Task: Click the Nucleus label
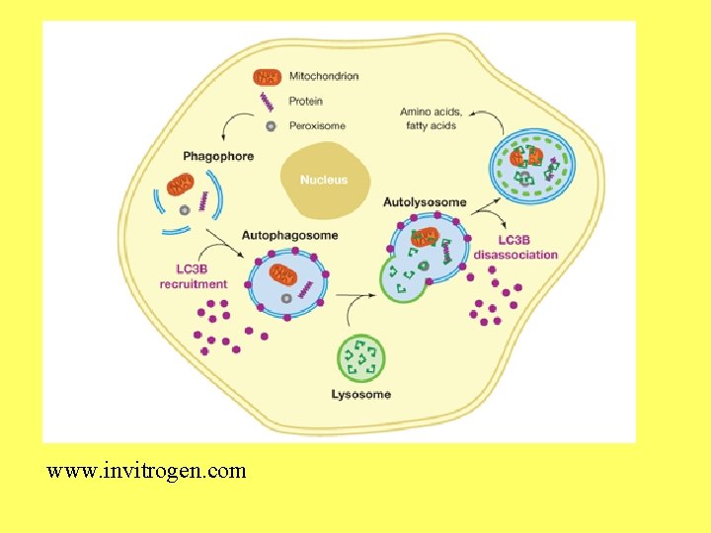coord(324,181)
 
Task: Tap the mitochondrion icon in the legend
coord(267,76)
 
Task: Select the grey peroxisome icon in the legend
coord(269,126)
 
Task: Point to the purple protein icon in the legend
coord(267,101)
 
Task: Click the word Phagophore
coord(218,156)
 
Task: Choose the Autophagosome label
coord(289,235)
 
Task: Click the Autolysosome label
coord(425,202)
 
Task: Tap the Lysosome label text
coord(360,395)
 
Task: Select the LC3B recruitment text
coord(194,276)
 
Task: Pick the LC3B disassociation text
coord(514,248)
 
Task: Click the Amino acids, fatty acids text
coord(432,118)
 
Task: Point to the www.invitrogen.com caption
coord(146,471)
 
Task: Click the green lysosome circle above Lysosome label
coord(361,358)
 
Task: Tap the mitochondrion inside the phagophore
coord(180,185)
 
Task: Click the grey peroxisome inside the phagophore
coord(183,210)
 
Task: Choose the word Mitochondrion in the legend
coord(324,76)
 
